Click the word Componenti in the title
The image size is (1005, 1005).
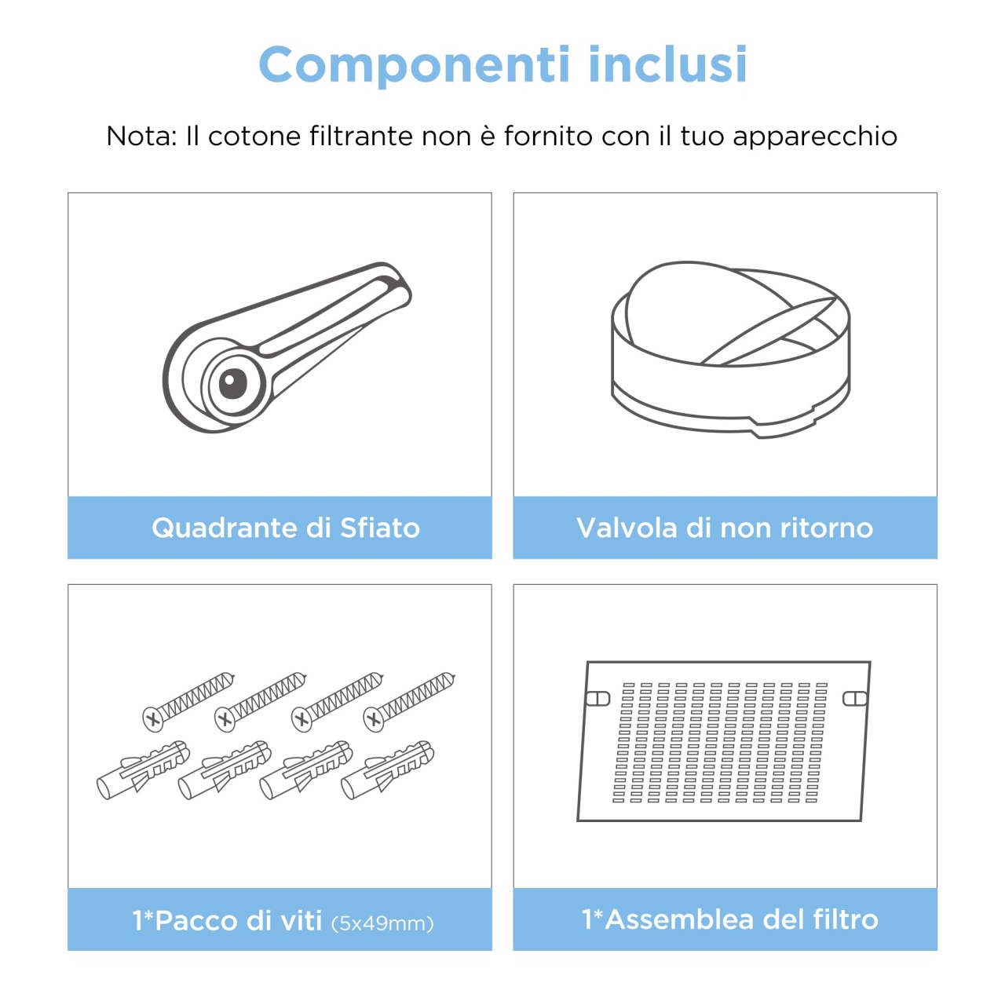(414, 64)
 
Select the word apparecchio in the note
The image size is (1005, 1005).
(815, 137)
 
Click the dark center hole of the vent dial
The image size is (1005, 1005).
(232, 383)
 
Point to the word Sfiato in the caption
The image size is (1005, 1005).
(380, 528)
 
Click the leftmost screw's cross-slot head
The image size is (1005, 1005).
(152, 720)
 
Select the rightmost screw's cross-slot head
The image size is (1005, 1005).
(374, 720)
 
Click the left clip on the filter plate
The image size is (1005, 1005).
(598, 698)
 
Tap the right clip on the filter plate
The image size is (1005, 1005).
(855, 698)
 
